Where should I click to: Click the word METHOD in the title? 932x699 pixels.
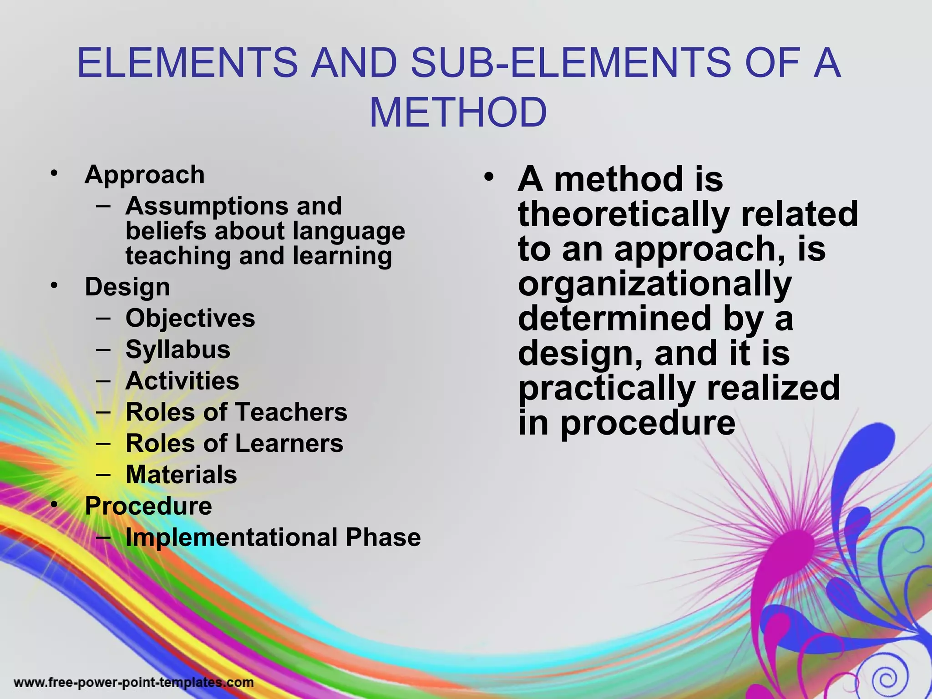458,112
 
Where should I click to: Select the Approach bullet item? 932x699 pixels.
145,175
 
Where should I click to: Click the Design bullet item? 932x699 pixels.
127,287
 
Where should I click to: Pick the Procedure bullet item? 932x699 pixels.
148,506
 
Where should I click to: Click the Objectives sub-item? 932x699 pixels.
190,318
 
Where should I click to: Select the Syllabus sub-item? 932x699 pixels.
178,349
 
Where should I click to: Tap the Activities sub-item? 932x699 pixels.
182,381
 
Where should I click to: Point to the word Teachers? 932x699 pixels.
291,412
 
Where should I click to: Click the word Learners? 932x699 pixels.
289,443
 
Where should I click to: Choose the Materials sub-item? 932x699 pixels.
181,475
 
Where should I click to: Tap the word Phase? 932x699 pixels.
383,537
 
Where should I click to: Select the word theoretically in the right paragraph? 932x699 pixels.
624,214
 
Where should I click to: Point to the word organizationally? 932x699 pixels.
655,285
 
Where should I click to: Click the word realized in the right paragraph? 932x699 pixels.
773,387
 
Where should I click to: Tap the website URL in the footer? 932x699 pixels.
134,683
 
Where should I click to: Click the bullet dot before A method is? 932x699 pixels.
489,177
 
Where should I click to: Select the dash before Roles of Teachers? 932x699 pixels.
104,412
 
